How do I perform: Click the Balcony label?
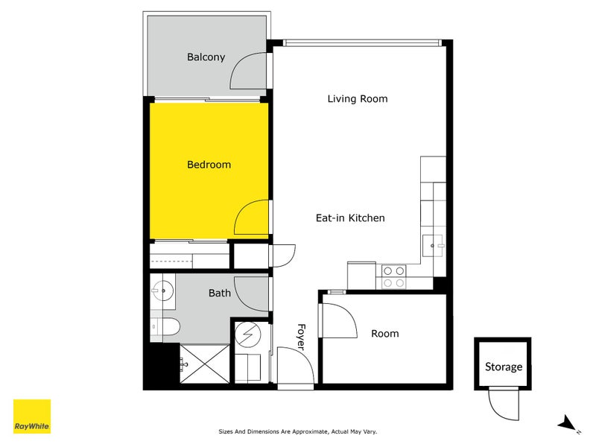pyautogui.click(x=206, y=57)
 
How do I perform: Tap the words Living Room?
pyautogui.click(x=358, y=99)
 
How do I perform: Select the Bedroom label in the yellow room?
pyautogui.click(x=209, y=165)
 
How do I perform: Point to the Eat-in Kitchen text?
pyautogui.click(x=350, y=218)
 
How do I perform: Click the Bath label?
pyautogui.click(x=219, y=294)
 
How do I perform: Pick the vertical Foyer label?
pyautogui.click(x=302, y=336)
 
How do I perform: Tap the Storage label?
pyautogui.click(x=504, y=367)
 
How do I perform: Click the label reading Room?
pyautogui.click(x=384, y=334)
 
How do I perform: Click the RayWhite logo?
pyautogui.click(x=32, y=416)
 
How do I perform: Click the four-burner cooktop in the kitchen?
pyautogui.click(x=393, y=276)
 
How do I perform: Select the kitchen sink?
pyautogui.click(x=433, y=244)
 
